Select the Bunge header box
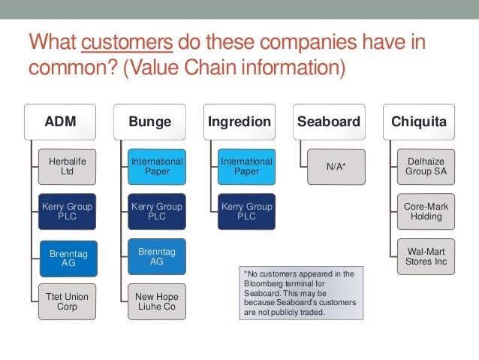(149, 122)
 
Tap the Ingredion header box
(239, 122)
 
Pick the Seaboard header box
(329, 122)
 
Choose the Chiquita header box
(419, 122)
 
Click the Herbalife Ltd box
(68, 167)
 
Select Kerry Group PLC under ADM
(68, 211)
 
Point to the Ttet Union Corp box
(68, 301)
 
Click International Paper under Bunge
(157, 167)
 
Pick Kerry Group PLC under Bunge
(157, 211)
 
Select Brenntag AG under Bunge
(157, 256)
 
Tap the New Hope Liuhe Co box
(157, 301)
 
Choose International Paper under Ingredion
(247, 167)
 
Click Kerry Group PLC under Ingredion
(247, 211)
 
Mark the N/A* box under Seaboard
(336, 167)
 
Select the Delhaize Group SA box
(426, 167)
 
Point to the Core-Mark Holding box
(426, 211)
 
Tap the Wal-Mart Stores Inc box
(426, 256)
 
